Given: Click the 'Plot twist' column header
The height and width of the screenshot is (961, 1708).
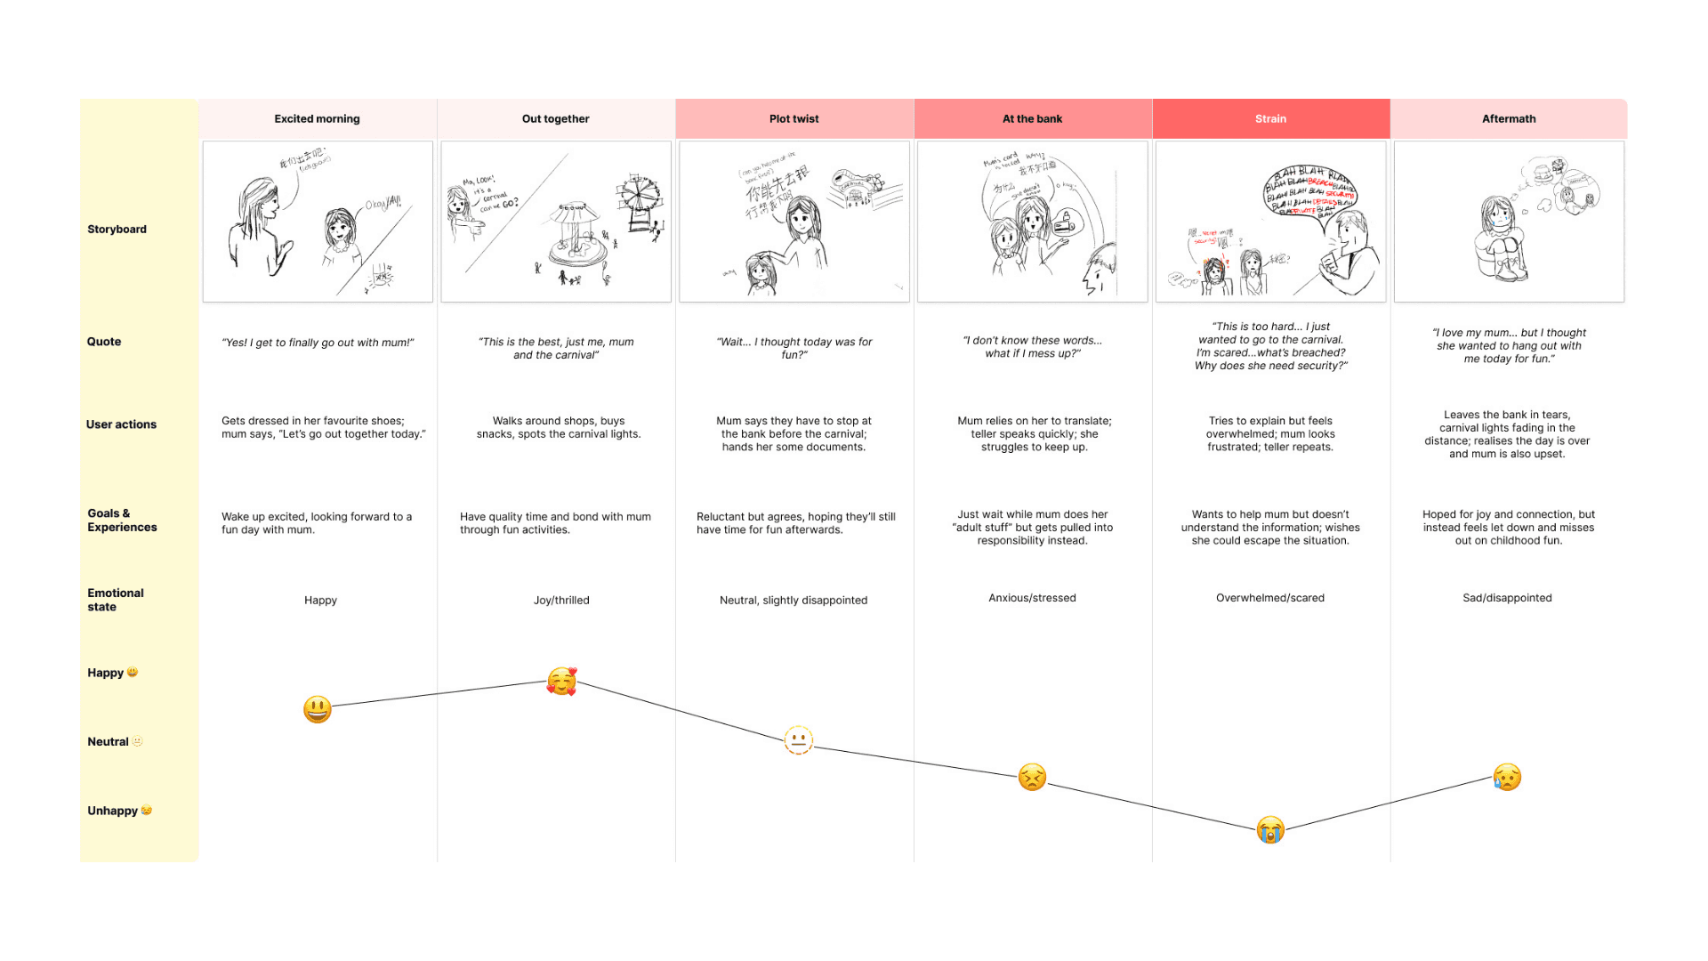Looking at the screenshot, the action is (794, 118).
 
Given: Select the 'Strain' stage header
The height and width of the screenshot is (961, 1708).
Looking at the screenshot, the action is (1270, 118).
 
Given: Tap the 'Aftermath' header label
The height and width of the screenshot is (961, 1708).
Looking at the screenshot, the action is (1509, 118).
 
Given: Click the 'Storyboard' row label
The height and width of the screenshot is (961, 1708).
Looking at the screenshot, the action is (117, 229).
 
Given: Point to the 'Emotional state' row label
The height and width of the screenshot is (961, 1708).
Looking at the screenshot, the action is (116, 600).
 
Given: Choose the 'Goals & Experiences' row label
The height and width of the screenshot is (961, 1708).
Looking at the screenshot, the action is (122, 520).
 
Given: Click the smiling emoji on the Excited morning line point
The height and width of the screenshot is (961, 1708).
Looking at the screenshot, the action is (318, 709).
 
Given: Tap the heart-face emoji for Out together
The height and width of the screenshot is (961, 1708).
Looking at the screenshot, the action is (561, 682).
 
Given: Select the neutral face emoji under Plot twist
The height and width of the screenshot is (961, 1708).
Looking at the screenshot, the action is (798, 739).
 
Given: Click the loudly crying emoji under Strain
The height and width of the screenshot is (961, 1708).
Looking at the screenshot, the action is (1270, 829).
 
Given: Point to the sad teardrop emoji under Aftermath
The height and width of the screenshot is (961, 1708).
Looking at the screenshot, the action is (1507, 777).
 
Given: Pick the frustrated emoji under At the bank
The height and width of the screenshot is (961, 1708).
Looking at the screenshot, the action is (1032, 777).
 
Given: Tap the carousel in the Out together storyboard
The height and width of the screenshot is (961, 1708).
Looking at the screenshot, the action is (577, 236).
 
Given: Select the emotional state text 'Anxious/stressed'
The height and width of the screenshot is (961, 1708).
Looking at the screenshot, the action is (1032, 598).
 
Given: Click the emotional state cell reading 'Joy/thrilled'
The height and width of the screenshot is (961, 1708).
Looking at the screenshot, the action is (561, 600).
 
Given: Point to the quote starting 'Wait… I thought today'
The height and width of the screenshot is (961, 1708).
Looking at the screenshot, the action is (794, 348).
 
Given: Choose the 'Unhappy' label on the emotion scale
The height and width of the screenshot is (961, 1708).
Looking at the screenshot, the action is (112, 811).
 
